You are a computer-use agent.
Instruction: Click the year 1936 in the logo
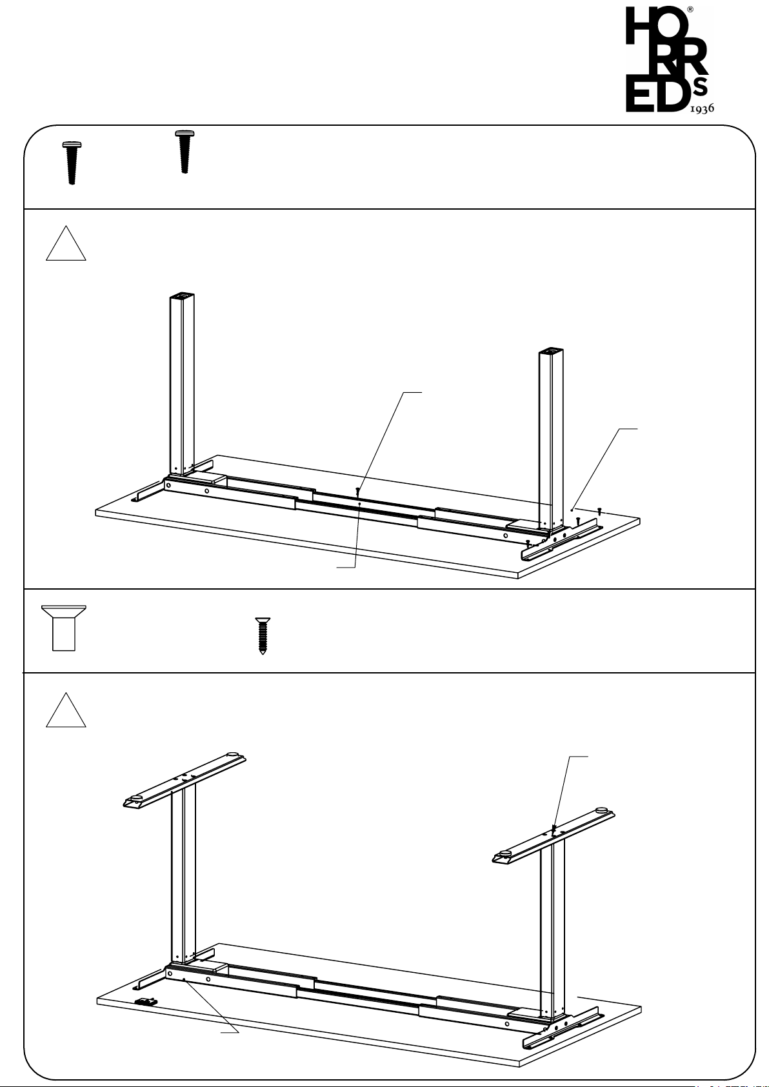[x=701, y=108]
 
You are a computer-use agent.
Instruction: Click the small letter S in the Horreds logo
[x=701, y=87]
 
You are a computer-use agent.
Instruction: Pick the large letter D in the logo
[x=672, y=93]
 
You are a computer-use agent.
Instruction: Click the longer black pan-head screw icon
[x=72, y=163]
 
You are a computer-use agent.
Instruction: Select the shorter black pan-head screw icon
[x=185, y=152]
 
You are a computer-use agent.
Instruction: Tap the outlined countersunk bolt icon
[x=64, y=628]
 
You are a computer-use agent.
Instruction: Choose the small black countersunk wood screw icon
[x=263, y=635]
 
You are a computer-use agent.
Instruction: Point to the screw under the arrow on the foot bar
[x=554, y=829]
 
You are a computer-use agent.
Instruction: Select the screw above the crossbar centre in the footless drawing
[x=357, y=491]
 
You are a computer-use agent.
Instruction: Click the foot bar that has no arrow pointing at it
[x=185, y=781]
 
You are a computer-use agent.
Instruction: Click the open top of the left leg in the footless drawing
[x=182, y=295]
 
